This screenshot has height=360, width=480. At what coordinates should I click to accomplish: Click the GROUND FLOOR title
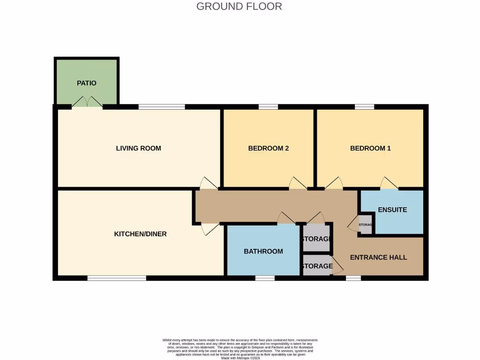[x=239, y=7]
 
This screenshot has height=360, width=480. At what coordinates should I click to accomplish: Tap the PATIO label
[x=87, y=83]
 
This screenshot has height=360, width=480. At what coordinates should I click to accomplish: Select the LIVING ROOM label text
[x=138, y=148]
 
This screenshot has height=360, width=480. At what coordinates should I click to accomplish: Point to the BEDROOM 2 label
[x=268, y=148]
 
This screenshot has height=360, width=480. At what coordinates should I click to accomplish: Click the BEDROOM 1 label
[x=370, y=148]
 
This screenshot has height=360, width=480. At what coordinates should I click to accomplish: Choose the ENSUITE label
[x=392, y=210]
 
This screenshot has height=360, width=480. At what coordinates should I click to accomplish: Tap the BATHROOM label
[x=263, y=251]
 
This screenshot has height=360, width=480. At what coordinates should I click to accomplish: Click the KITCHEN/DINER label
[x=140, y=233]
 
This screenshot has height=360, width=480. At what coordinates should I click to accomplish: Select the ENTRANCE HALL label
[x=378, y=257]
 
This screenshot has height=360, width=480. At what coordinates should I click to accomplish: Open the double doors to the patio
[x=87, y=102]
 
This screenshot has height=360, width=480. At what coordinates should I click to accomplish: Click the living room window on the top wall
[x=162, y=107]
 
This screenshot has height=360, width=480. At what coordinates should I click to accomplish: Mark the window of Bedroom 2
[x=268, y=107]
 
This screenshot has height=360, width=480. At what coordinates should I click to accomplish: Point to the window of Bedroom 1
[x=364, y=107]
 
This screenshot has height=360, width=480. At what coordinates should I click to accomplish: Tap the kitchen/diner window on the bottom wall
[x=117, y=278]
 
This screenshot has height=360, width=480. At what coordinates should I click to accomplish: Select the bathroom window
[x=265, y=278]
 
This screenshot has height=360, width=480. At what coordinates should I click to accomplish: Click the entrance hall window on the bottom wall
[x=353, y=278]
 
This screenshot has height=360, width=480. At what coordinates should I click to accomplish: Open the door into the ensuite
[x=389, y=184]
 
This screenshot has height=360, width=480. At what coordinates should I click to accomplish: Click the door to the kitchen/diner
[x=209, y=229]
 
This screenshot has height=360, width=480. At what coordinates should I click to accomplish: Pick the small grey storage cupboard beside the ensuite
[x=365, y=225]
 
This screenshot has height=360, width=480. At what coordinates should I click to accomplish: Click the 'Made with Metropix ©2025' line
[x=240, y=358]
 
